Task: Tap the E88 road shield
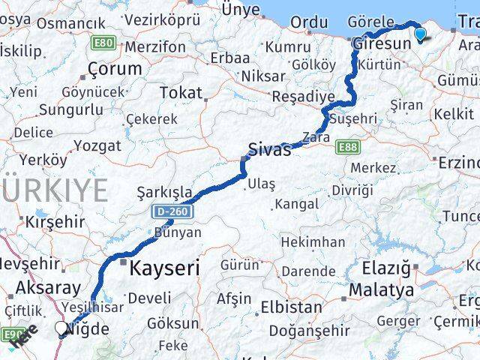pos(347,147)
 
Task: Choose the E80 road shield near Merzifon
pos(103,43)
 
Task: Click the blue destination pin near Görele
pos(419,33)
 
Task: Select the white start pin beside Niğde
pos(61,328)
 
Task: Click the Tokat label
pos(181,93)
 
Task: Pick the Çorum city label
pos(115,69)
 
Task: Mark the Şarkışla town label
pos(164,192)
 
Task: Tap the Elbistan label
pos(292,307)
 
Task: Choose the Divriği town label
pos(352,190)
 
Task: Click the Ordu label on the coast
pos(308,23)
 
